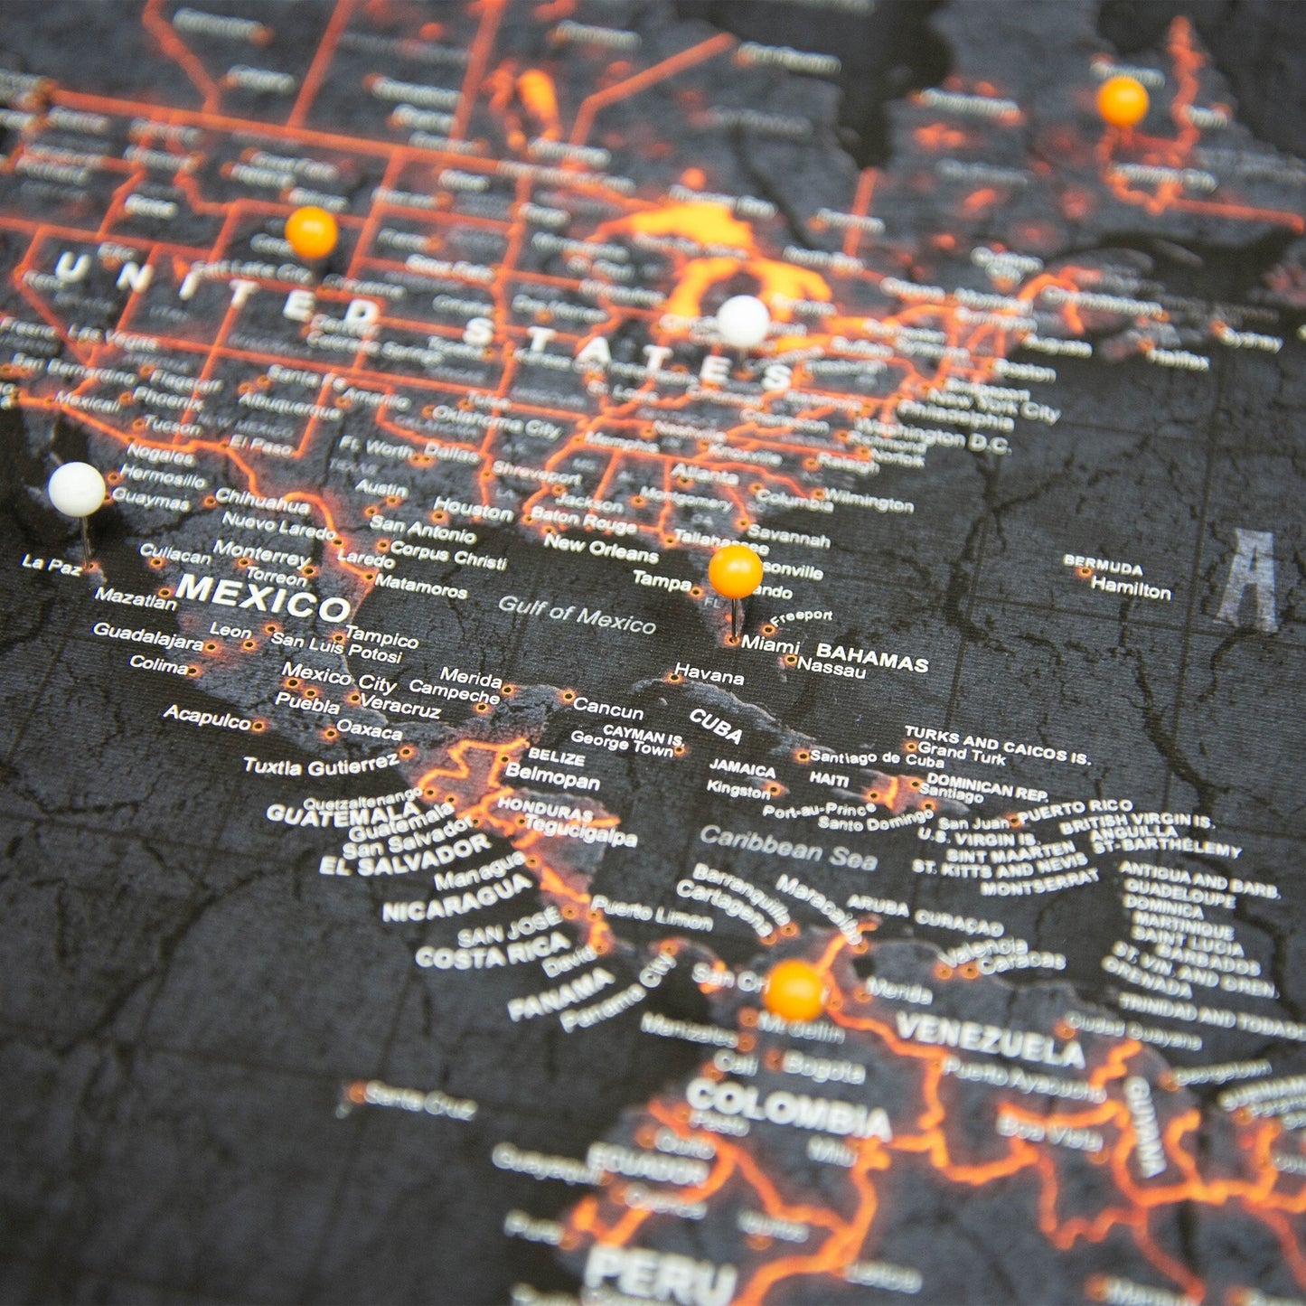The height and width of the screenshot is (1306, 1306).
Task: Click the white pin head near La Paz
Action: tap(76, 490)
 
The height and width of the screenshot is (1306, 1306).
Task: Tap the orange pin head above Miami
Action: tap(735, 571)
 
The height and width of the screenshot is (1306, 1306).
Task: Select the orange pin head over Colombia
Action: tap(794, 991)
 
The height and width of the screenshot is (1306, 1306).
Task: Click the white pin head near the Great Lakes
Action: tap(743, 321)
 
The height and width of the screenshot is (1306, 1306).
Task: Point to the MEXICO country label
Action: tap(262, 597)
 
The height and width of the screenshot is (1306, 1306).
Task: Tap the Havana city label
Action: tap(709, 675)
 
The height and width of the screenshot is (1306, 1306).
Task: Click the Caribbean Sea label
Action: tap(788, 848)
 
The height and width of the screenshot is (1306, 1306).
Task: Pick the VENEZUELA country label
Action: tap(990, 1038)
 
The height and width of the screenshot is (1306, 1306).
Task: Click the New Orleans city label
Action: tap(600, 547)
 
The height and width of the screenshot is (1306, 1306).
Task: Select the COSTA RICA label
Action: tap(493, 951)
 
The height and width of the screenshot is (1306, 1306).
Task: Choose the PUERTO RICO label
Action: tap(1076, 809)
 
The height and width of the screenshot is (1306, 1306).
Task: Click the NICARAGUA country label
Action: tap(457, 897)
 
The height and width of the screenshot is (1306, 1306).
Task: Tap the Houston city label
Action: tap(473, 509)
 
